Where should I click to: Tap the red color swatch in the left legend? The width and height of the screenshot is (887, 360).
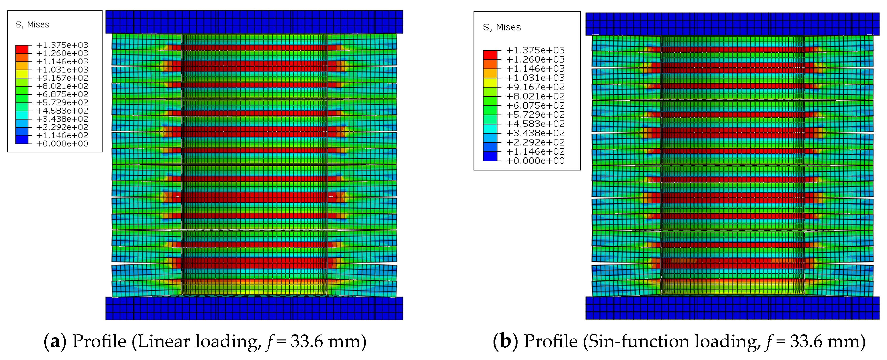[x=22, y=49]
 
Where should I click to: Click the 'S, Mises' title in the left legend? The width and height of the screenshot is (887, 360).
[x=32, y=25]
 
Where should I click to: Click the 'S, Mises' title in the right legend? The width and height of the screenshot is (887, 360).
[x=502, y=27]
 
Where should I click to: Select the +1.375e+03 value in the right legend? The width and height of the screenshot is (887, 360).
[x=535, y=50]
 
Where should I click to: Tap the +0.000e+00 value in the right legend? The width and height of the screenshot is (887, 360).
[x=535, y=161]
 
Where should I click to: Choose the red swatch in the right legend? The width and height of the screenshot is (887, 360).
[x=490, y=55]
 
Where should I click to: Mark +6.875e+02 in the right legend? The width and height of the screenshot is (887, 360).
[x=535, y=105]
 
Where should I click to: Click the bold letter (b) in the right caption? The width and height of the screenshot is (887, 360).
[x=505, y=341]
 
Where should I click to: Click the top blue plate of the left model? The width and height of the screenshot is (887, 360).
[x=254, y=22]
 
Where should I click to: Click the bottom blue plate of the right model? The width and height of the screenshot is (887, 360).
[x=732, y=308]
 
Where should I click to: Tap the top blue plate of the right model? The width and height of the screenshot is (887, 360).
[x=732, y=24]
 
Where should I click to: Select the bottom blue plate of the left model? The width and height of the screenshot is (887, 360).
[x=254, y=308]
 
